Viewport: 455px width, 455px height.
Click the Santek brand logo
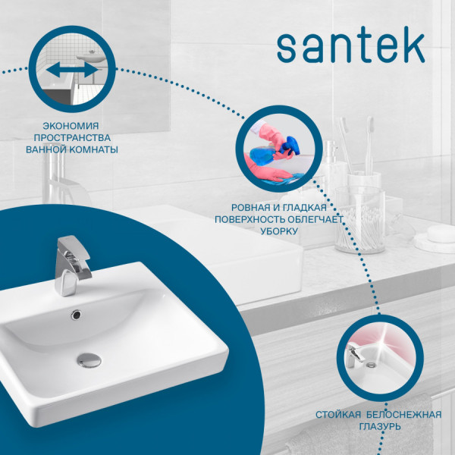tap(350, 47)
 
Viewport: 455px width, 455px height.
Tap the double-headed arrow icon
tap(72, 70)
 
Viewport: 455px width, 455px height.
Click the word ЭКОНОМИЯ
tap(72, 125)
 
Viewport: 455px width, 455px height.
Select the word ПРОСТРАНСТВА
tap(72, 137)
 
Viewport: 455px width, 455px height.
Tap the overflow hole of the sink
tap(76, 312)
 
